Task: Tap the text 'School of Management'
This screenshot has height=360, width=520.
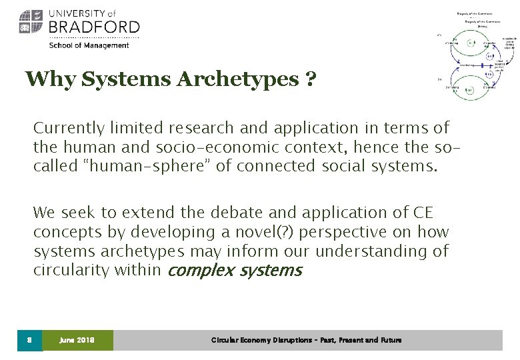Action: [89, 45]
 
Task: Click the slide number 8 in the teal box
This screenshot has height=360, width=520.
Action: [29, 340]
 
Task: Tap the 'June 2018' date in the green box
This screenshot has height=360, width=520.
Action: [77, 340]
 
